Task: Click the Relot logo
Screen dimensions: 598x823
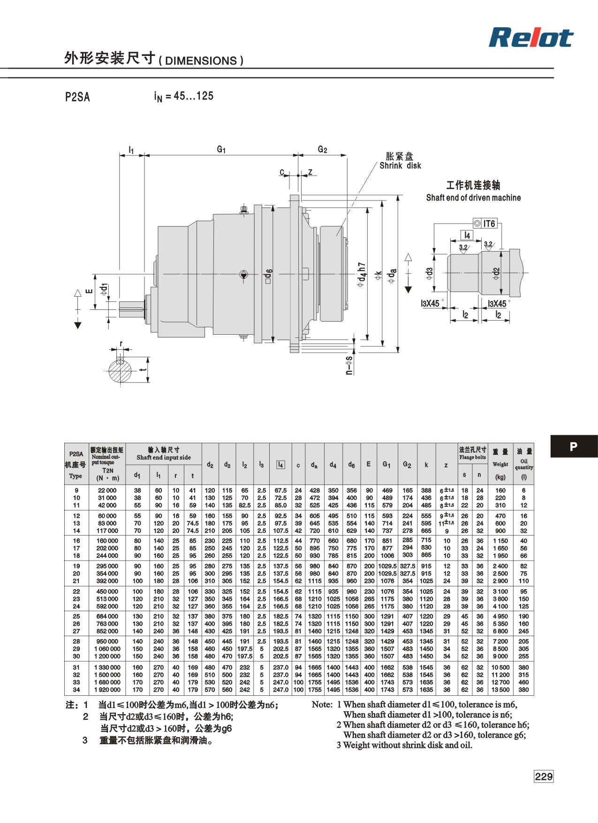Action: coord(531,38)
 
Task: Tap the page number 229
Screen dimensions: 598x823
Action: coord(544,776)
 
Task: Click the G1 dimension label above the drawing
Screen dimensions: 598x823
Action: coord(221,149)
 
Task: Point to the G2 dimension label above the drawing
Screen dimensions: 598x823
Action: coord(322,149)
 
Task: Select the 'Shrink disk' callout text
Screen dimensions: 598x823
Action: coord(400,166)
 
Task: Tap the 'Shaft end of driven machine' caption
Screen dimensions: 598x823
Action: coord(473,198)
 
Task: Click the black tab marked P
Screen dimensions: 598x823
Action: coord(574,446)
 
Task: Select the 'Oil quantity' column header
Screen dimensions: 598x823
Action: coord(524,464)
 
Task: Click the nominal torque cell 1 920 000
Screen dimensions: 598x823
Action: coord(107,690)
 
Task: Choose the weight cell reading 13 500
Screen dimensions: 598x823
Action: coord(500,690)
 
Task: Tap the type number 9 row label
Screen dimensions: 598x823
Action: coord(76,490)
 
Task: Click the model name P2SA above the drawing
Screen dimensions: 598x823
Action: coord(77,97)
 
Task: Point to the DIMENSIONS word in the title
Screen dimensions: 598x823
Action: coord(201,61)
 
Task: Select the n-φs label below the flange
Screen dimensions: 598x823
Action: coord(348,365)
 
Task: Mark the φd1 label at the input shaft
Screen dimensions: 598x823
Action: coord(104,289)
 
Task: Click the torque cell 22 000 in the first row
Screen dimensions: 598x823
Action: coord(107,490)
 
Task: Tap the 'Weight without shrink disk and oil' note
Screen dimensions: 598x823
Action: coord(404,745)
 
